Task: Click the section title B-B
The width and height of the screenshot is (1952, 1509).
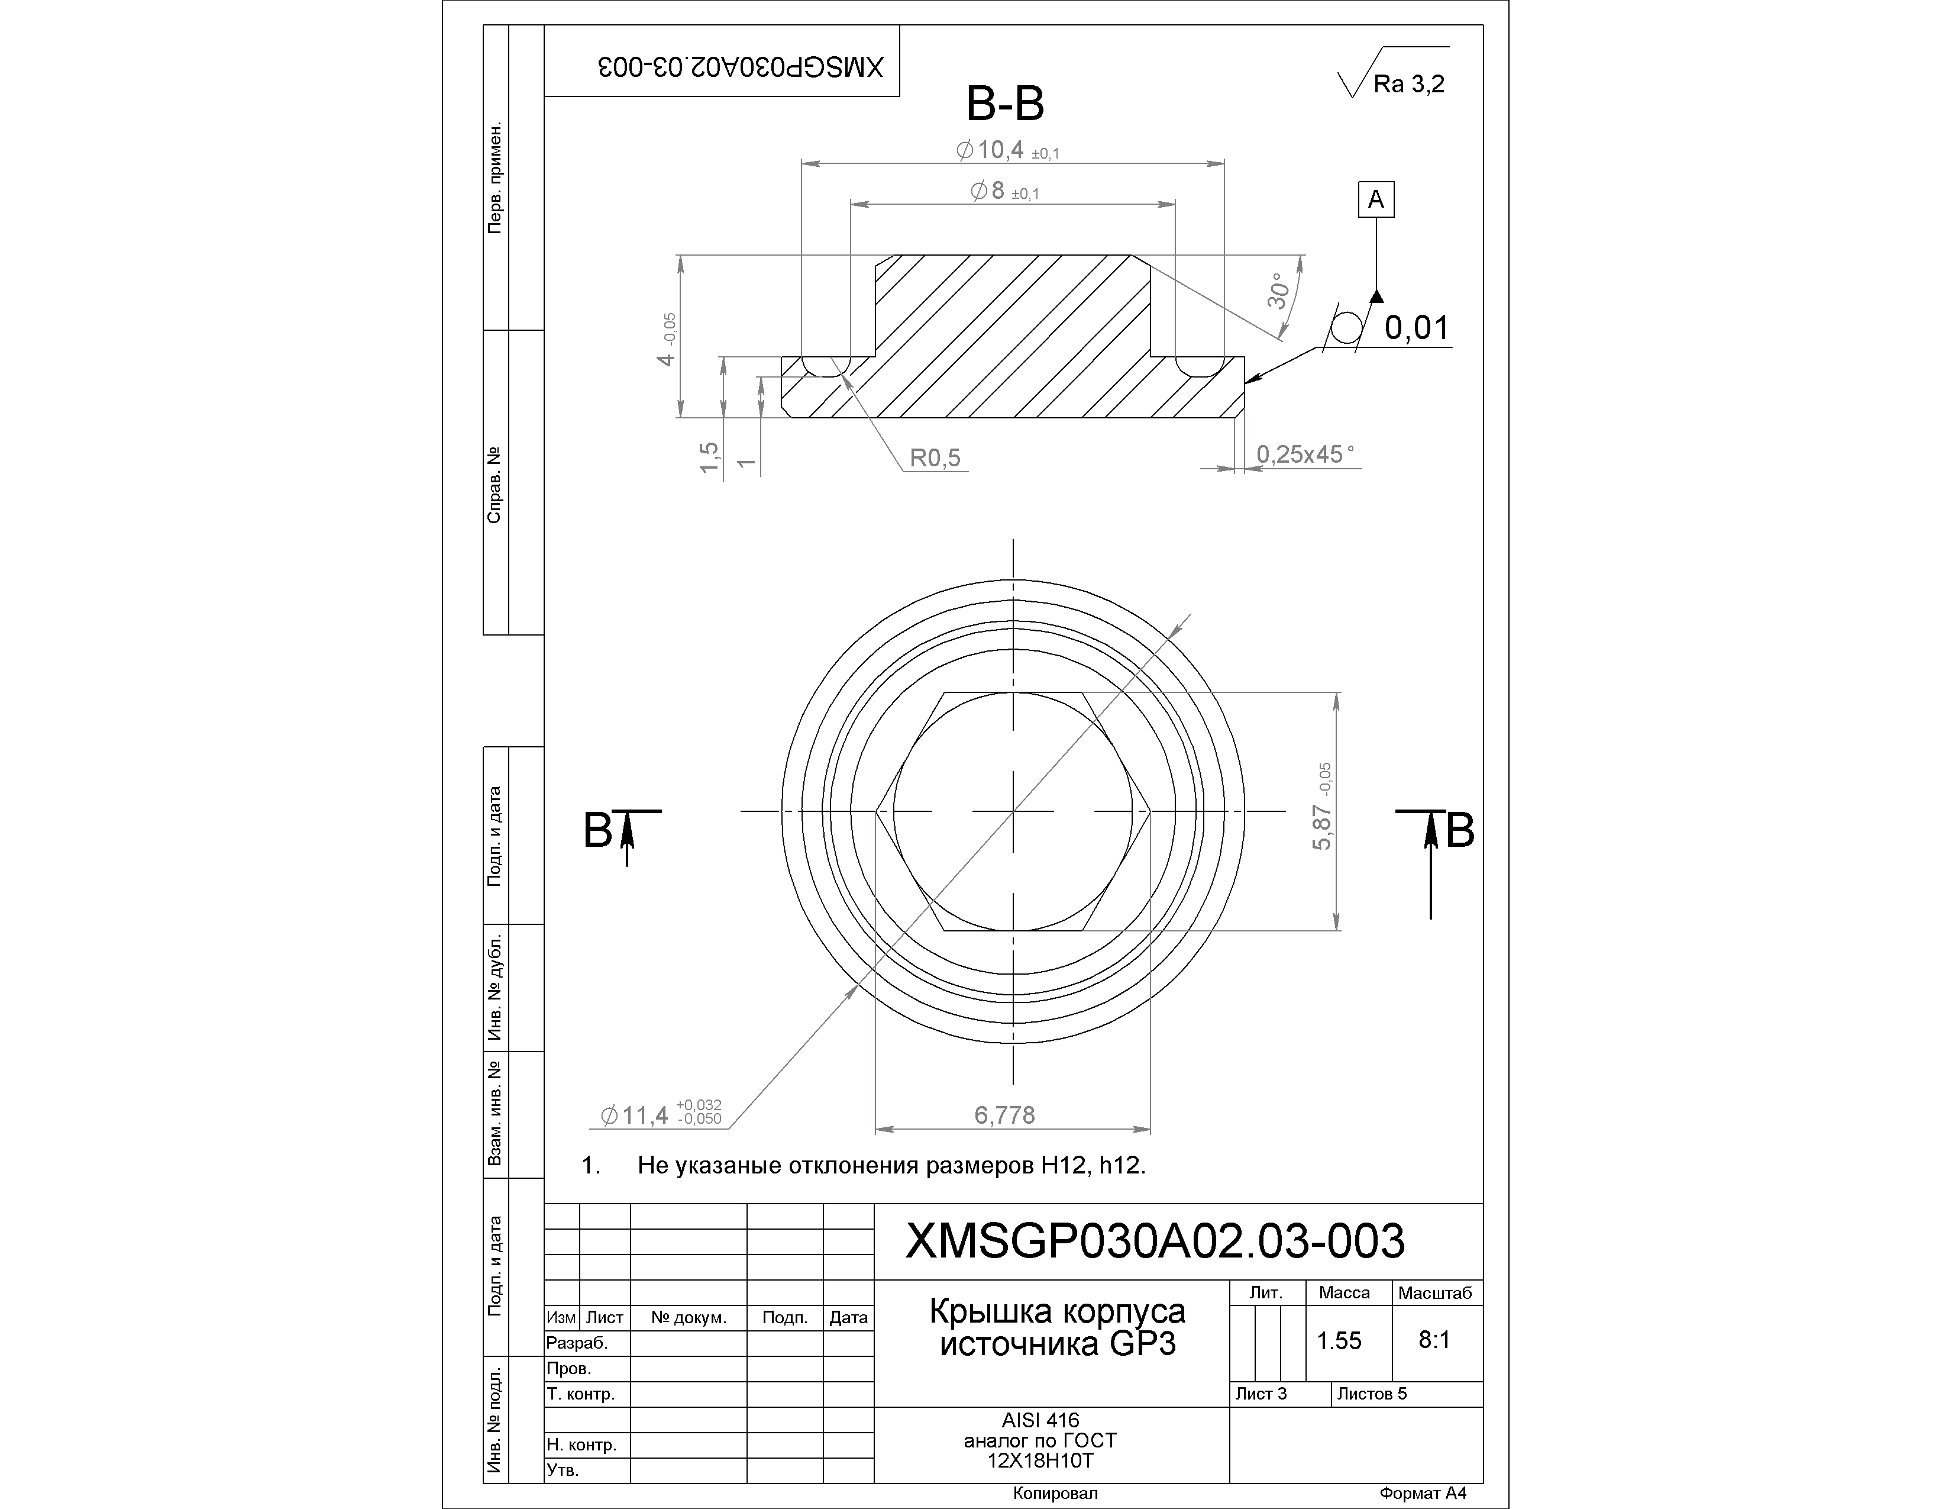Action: coord(1006,105)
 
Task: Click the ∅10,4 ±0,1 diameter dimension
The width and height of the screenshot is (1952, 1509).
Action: coord(1007,150)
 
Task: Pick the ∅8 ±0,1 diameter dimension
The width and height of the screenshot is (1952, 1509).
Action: coord(1004,191)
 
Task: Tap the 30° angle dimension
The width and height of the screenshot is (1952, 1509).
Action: coord(1279,291)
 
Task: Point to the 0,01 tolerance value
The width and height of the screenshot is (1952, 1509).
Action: coord(1417,328)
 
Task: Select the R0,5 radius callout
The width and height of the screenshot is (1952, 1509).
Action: coord(935,457)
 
